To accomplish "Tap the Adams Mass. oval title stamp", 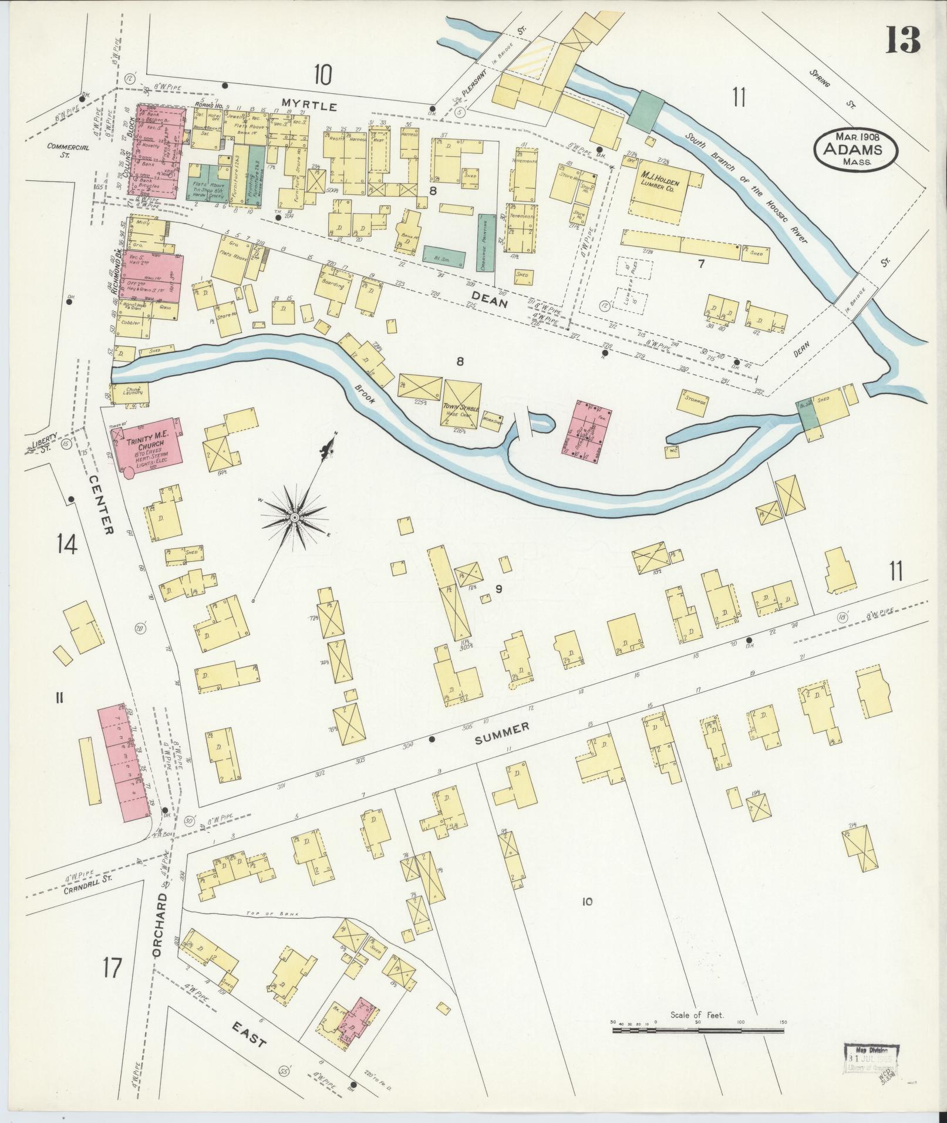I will [x=855, y=148].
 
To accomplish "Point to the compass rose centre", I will [x=294, y=517].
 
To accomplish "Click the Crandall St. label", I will [x=86, y=889].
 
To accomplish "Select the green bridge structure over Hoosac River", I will [x=648, y=109].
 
